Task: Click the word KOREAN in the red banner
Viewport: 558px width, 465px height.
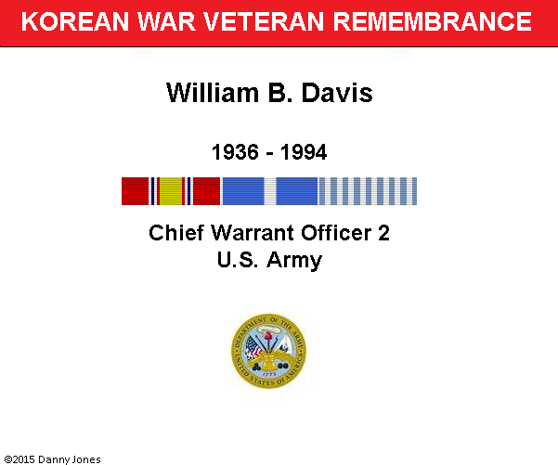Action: (74, 21)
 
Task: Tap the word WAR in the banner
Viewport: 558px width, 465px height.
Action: (166, 21)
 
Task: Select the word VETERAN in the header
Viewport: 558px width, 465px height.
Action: (264, 21)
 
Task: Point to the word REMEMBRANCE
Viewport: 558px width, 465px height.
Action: (432, 21)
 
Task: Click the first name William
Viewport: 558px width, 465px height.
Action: (213, 93)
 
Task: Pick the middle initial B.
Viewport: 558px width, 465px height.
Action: (279, 93)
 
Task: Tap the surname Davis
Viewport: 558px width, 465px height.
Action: (337, 93)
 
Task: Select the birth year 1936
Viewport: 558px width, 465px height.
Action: (235, 152)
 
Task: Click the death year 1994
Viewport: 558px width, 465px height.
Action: (304, 152)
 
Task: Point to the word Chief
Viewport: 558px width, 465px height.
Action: (176, 233)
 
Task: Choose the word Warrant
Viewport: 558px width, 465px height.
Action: (253, 233)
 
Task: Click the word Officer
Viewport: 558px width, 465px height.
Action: (336, 233)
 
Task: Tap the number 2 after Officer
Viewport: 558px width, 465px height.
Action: (383, 233)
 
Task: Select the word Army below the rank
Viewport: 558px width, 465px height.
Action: (294, 261)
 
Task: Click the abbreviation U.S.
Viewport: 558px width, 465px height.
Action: (238, 260)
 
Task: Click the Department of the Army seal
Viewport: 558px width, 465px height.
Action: (268, 351)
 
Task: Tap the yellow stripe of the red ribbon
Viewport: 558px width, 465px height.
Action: (171, 191)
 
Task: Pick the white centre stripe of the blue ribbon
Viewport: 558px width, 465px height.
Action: (270, 191)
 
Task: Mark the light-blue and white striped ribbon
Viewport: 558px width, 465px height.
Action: (368, 191)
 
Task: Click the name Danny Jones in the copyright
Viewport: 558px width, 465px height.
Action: (69, 459)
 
